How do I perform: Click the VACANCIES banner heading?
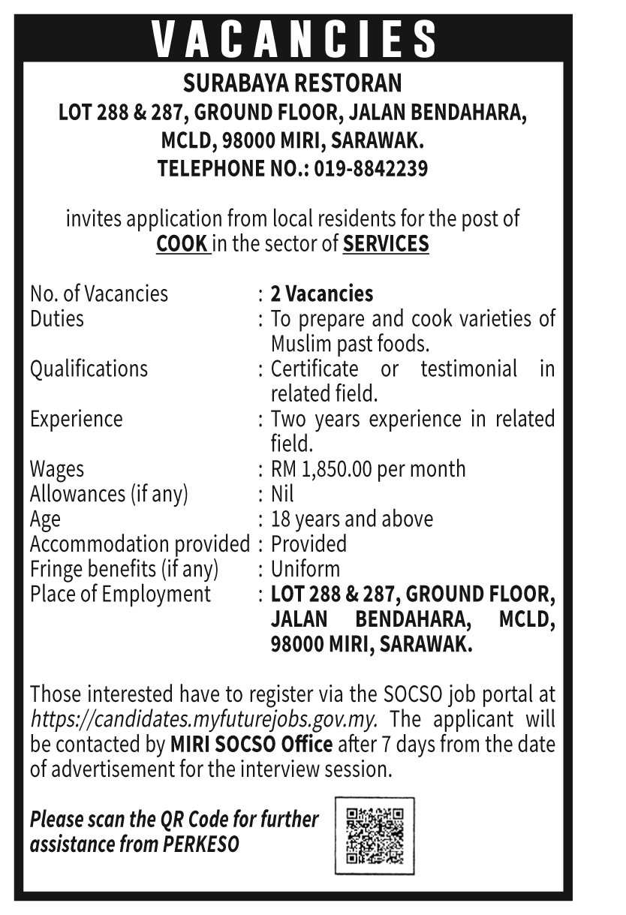293,39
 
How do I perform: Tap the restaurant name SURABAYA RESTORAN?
293,82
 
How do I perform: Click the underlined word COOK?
182,244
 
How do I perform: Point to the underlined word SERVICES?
386,244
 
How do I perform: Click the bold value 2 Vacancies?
321,293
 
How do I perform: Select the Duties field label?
57,318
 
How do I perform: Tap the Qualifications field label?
89,369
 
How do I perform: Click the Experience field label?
76,418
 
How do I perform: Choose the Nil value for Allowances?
282,494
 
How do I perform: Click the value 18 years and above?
351,519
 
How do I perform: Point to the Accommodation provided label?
139,543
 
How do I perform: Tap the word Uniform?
305,568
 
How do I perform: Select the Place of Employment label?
120,594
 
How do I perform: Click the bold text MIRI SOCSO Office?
251,745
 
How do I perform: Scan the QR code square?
374,835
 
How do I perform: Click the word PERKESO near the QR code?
200,844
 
